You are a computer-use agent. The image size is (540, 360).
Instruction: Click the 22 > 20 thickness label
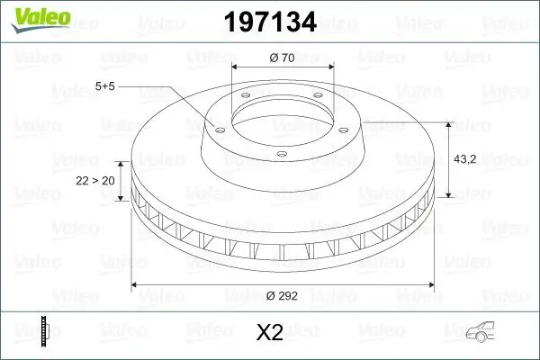click(95, 180)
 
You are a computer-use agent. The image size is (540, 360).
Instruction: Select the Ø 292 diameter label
click(283, 293)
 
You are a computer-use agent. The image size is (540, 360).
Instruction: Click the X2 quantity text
click(270, 333)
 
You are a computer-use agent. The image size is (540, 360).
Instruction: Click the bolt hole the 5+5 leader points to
click(215, 127)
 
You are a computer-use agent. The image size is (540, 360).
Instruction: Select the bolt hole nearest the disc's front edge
click(281, 155)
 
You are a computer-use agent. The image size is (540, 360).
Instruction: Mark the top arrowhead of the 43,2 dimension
click(449, 124)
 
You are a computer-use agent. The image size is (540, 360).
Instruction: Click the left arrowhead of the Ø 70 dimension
click(236, 67)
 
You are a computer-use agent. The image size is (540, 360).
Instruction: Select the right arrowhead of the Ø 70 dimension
click(329, 67)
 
